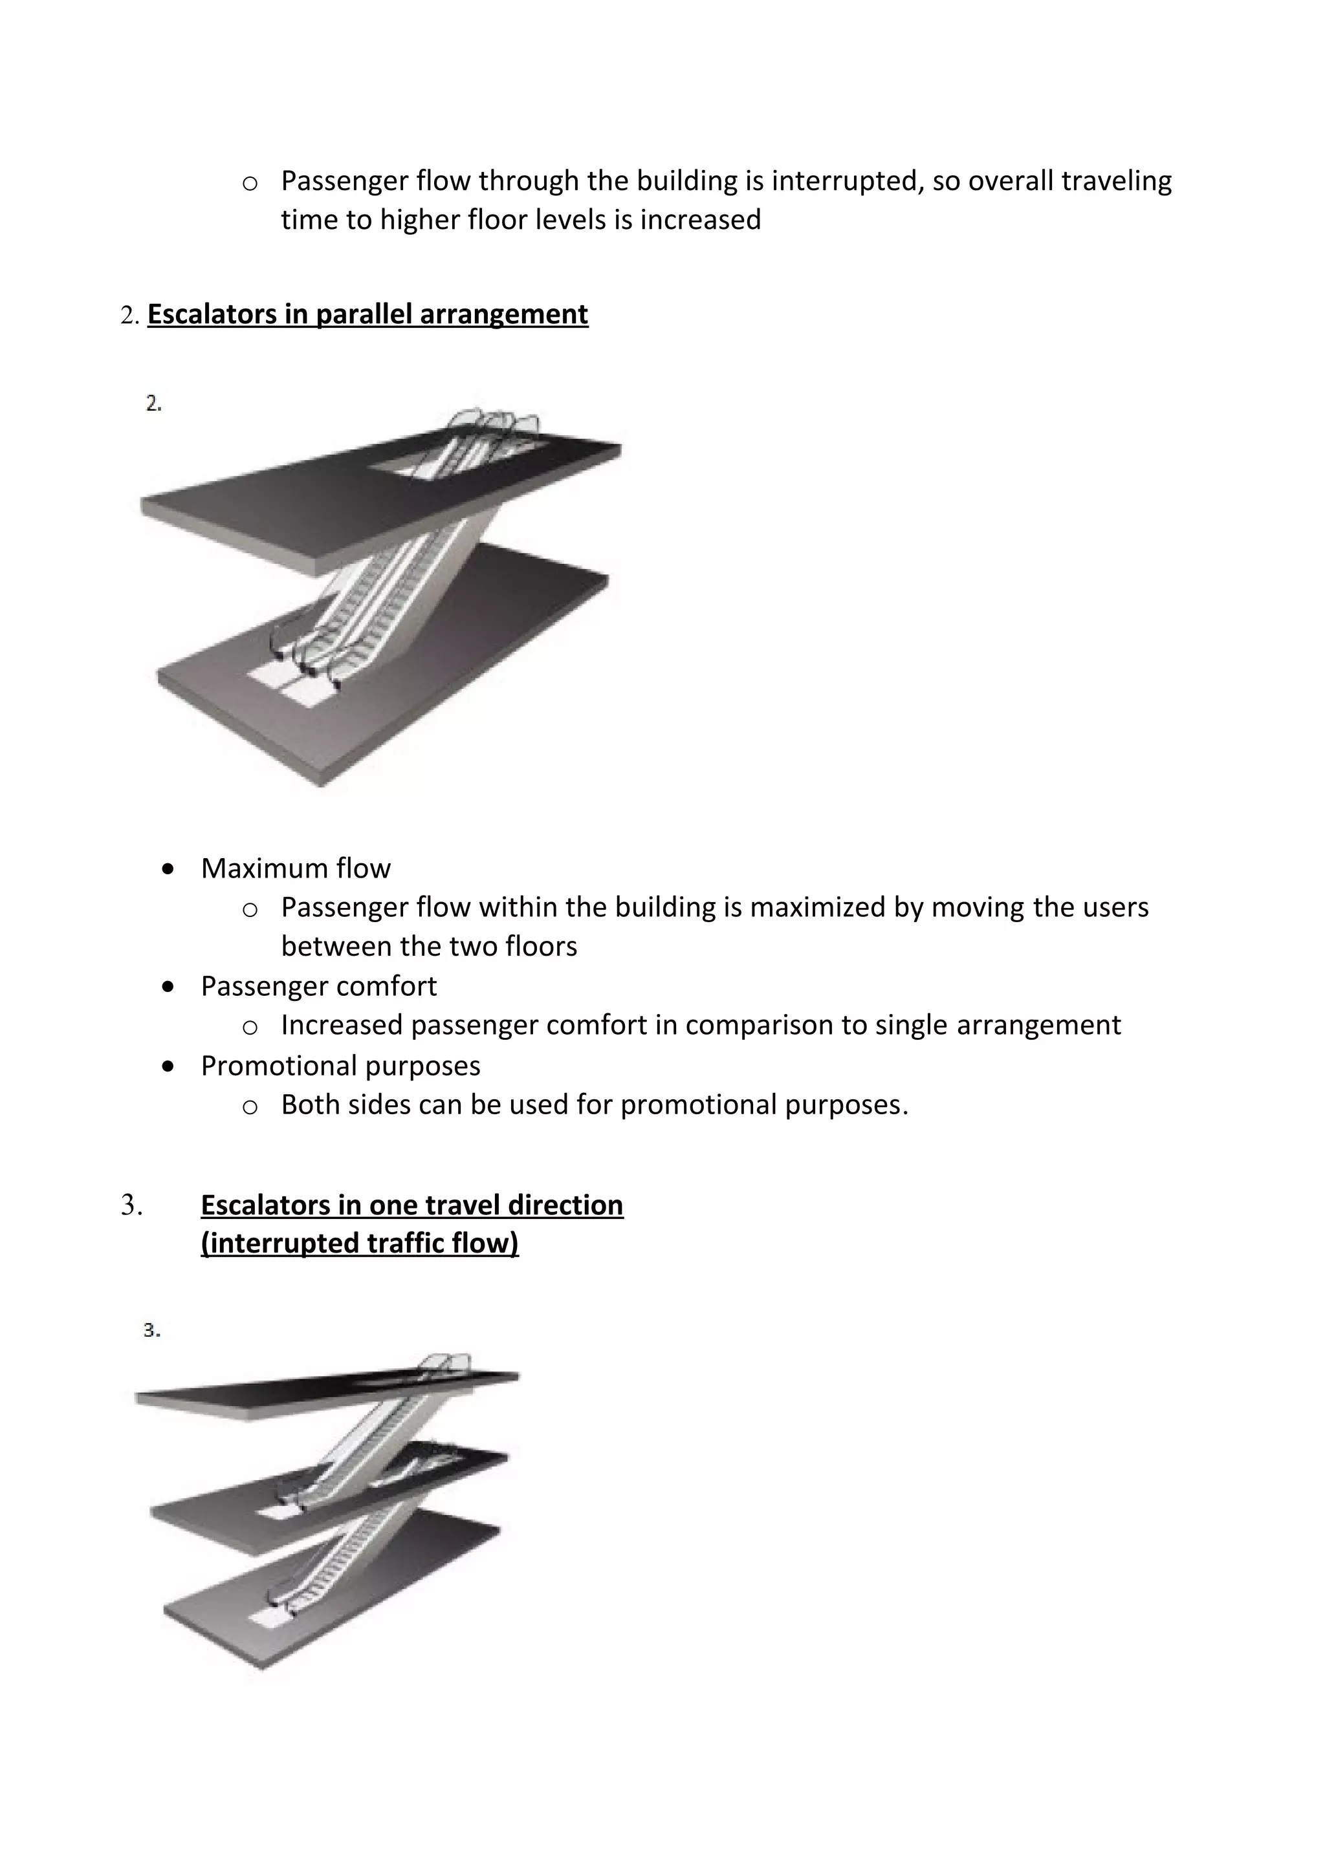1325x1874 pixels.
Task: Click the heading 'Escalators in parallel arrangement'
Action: coord(367,314)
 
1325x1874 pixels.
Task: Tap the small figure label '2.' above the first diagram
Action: coord(153,404)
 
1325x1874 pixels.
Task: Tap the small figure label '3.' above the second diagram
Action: coord(152,1330)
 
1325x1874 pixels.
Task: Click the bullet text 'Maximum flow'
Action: coord(296,868)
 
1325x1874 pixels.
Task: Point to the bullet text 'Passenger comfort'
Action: coord(318,986)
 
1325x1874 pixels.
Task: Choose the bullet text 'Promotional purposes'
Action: coord(340,1066)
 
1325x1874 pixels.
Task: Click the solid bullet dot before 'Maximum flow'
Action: coord(168,869)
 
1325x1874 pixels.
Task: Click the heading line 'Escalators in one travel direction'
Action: coord(411,1205)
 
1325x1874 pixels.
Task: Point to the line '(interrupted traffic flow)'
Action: coord(359,1243)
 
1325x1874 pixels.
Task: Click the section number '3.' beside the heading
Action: coord(131,1205)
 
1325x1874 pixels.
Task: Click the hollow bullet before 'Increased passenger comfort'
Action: coord(250,1027)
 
